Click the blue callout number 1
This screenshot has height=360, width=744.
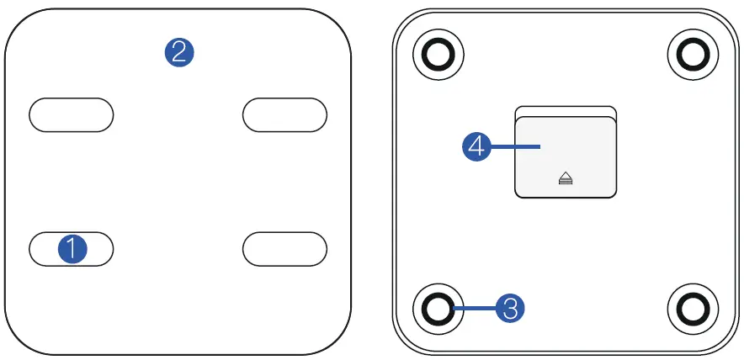click(x=72, y=249)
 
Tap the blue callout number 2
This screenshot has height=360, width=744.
click(x=178, y=52)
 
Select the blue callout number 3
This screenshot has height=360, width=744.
click(x=509, y=308)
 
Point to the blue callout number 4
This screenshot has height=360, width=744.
click(x=477, y=147)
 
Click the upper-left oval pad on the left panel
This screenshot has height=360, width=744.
click(x=72, y=114)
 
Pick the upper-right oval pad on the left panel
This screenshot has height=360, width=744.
click(x=284, y=114)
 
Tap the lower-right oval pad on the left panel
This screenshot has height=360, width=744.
click(x=284, y=249)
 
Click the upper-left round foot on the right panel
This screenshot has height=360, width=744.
click(x=438, y=56)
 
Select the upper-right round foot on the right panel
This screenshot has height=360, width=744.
click(x=693, y=56)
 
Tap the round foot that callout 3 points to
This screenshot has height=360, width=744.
click(x=438, y=309)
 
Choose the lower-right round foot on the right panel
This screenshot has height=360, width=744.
click(x=693, y=309)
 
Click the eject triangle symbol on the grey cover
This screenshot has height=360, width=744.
click(x=566, y=177)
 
